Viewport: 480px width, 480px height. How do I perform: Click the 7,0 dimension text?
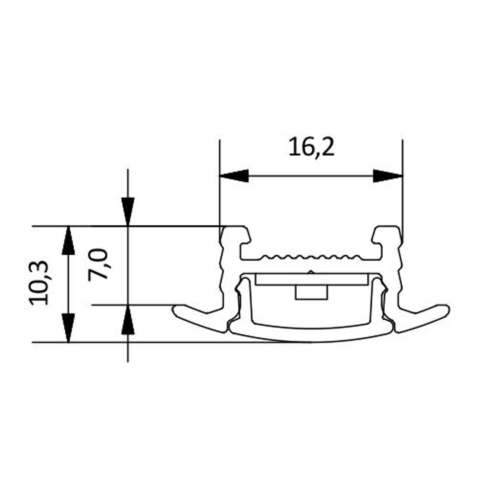click(98, 264)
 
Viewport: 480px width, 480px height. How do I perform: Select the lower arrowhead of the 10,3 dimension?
click(68, 328)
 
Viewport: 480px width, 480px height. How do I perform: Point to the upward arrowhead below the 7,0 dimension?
click(128, 320)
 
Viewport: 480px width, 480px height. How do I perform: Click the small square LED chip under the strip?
click(311, 292)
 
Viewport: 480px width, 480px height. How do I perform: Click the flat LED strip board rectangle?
click(311, 279)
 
